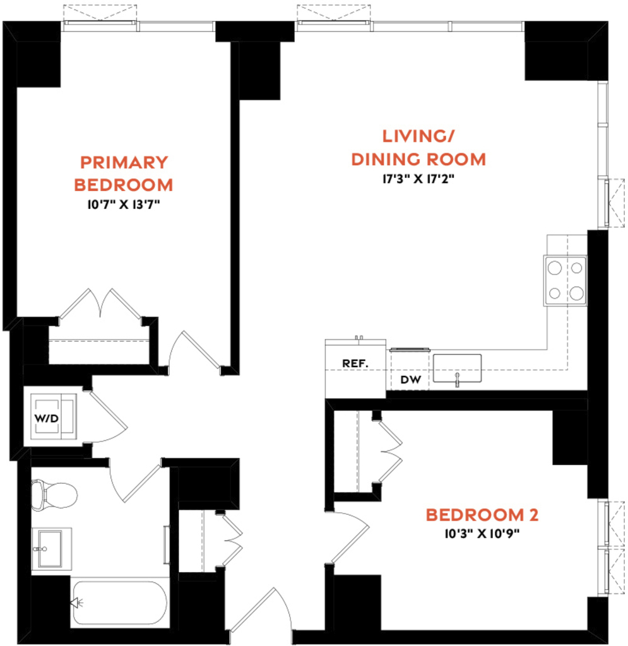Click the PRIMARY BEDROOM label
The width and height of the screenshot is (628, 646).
coord(124,173)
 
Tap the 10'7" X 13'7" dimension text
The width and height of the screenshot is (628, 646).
coord(124,204)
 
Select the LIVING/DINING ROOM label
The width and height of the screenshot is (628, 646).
coord(418,148)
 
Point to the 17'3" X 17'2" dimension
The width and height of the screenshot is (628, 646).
coord(418,179)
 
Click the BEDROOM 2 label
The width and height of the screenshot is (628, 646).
coord(482,515)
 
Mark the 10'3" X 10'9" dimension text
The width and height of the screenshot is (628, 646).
coord(482,534)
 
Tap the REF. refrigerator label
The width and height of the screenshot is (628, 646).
coord(355,363)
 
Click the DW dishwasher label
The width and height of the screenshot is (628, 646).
coord(410,379)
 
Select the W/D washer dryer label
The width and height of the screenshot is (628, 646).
coord(47,419)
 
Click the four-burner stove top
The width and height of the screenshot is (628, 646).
coord(566,281)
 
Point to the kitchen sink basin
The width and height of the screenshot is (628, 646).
coord(457,368)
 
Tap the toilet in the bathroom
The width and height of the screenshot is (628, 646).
coord(54,495)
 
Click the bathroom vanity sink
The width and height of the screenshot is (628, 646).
coord(50,548)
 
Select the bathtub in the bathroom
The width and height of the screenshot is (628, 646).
coord(120,602)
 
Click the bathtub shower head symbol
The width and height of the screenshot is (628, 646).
coord(76,603)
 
